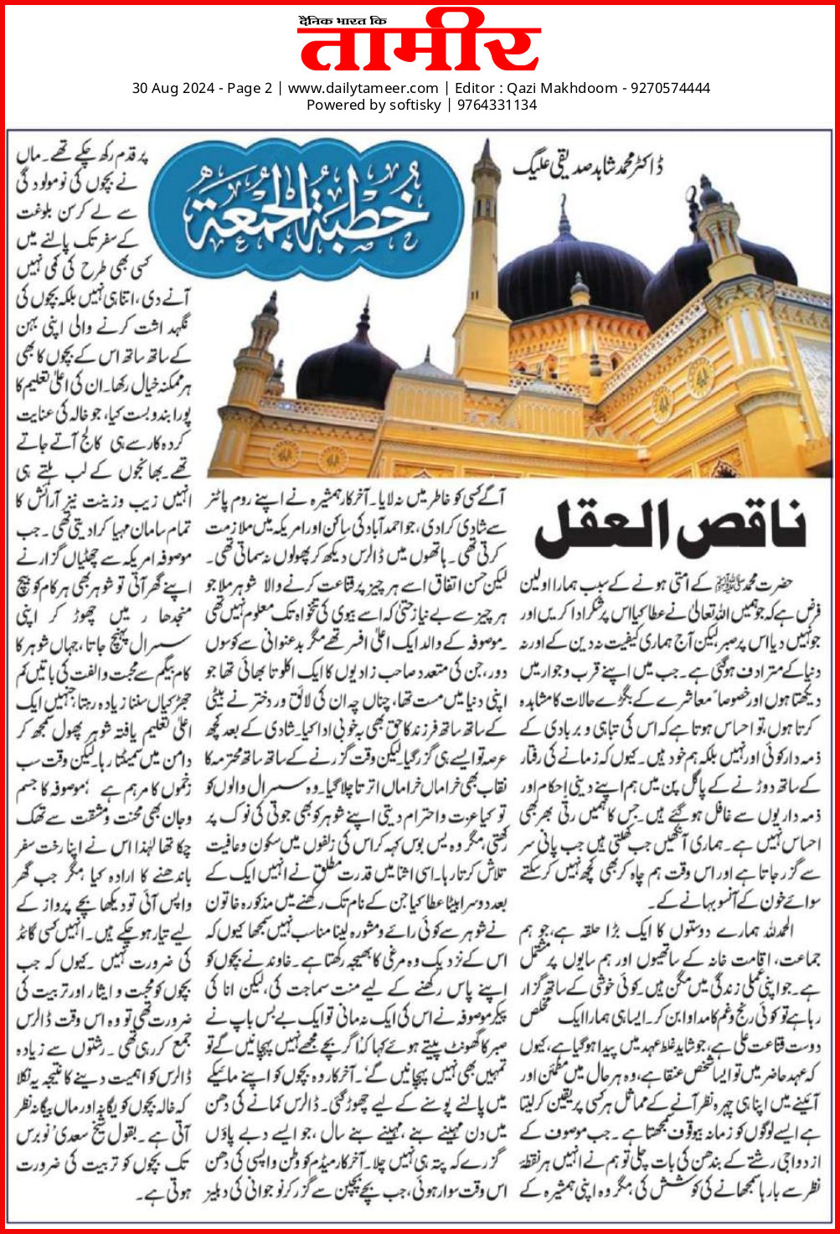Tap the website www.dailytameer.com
(363, 88)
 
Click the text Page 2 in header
(247, 88)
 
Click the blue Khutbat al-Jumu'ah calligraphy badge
(311, 206)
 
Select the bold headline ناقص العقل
(670, 529)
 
